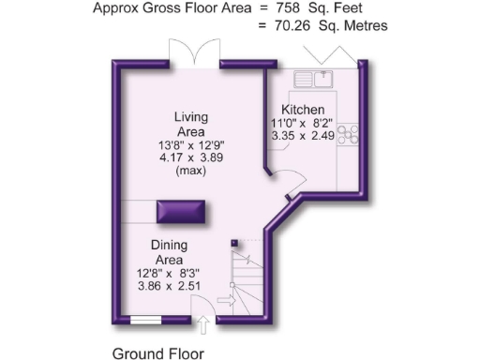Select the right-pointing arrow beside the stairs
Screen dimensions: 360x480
[x=225, y=300]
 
